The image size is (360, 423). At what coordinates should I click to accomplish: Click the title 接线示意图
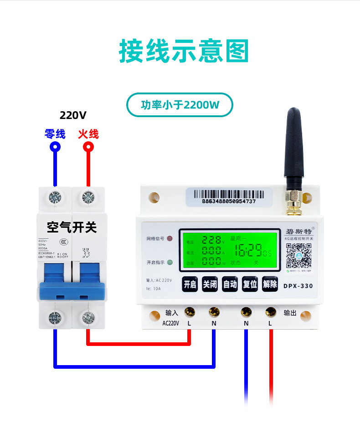pyautogui.click(x=184, y=51)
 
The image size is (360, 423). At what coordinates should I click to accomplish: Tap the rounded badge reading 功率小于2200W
pyautogui.click(x=180, y=105)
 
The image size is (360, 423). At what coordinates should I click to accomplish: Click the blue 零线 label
pyautogui.click(x=55, y=134)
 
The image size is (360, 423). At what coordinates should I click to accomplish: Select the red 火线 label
pyautogui.click(x=88, y=134)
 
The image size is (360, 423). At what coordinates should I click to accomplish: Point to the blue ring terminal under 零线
pyautogui.click(x=55, y=147)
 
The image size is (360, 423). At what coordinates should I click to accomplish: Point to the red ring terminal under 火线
pyautogui.click(x=88, y=147)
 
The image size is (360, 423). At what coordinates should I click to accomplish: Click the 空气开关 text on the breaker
pyautogui.click(x=72, y=226)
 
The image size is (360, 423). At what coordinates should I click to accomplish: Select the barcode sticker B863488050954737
pyautogui.click(x=229, y=197)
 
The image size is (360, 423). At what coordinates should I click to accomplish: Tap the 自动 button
pyautogui.click(x=230, y=284)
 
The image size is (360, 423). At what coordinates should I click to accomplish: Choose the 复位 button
pyautogui.click(x=250, y=284)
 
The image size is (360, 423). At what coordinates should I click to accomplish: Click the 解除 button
pyautogui.click(x=270, y=284)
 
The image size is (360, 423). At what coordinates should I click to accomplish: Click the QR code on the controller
pyautogui.click(x=298, y=256)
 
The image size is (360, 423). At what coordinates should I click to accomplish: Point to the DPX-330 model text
pyautogui.click(x=298, y=286)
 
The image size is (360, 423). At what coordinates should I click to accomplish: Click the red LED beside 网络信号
pyautogui.click(x=170, y=239)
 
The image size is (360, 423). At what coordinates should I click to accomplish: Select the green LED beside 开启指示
pyautogui.click(x=170, y=263)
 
